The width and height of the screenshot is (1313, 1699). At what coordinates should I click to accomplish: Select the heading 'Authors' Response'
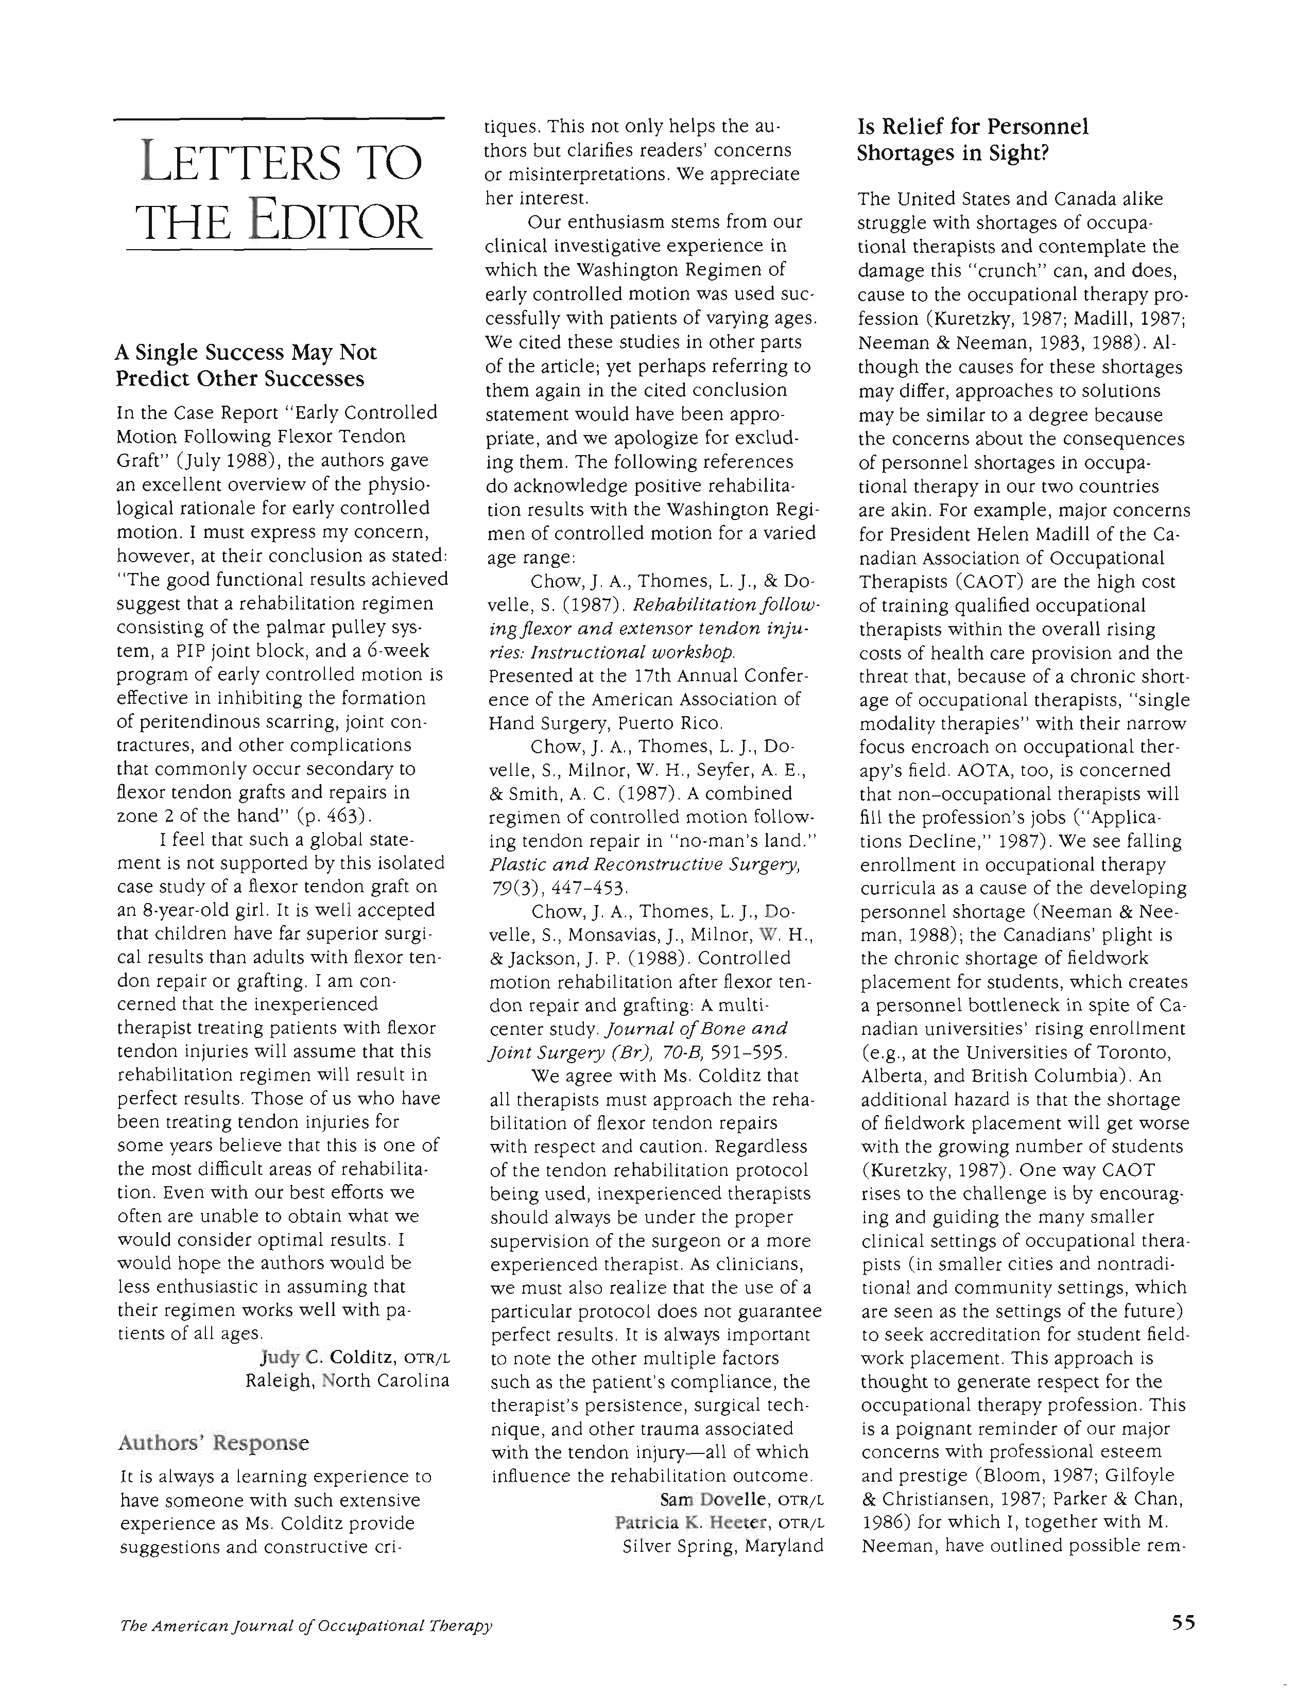coord(213,1443)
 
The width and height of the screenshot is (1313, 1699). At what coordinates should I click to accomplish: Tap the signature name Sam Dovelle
coord(715,1499)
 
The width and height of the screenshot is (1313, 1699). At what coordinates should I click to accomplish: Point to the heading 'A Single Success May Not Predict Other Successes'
coord(246,366)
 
